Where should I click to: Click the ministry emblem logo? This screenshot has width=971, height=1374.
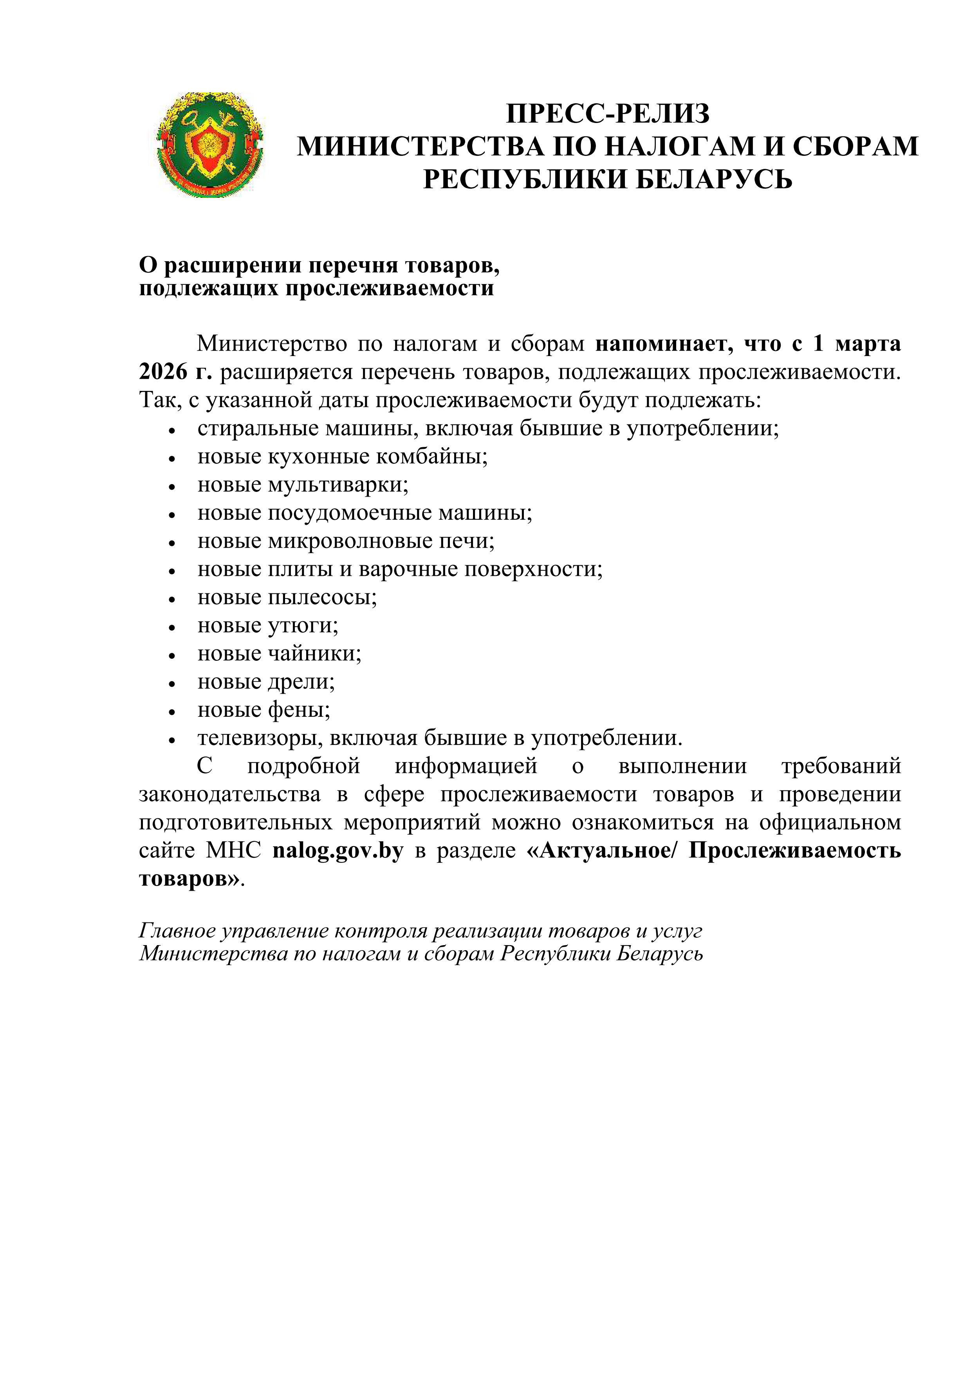tap(209, 145)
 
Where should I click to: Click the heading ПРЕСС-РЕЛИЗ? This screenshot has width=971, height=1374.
tap(607, 114)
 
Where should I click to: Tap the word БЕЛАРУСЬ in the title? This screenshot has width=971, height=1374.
tap(713, 179)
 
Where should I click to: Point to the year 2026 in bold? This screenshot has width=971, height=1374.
tap(163, 372)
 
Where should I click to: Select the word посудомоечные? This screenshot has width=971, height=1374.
tap(350, 513)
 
